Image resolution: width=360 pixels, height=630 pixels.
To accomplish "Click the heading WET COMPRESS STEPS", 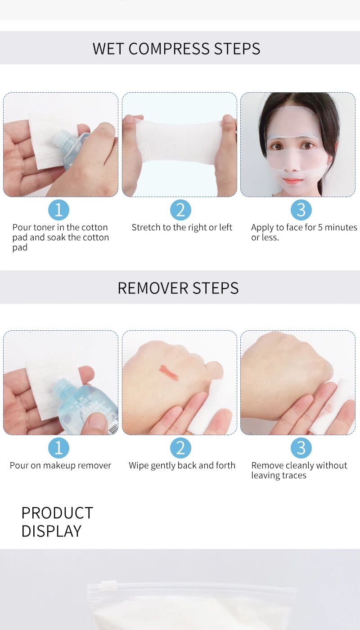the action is click(x=176, y=49).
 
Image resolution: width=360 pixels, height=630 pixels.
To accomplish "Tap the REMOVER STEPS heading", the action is click(x=178, y=288).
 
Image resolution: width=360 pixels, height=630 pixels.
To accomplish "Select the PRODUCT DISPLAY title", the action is click(x=57, y=522).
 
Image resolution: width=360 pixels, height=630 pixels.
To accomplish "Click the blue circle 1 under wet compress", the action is click(x=58, y=210).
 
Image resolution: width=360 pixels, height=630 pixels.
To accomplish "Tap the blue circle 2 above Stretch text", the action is click(x=180, y=210).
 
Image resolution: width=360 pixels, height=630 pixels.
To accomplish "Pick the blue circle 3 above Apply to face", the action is click(x=301, y=210).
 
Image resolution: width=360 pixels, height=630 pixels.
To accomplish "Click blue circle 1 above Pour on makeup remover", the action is click(x=58, y=448).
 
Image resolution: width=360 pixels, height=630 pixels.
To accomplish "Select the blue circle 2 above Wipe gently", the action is click(x=180, y=448).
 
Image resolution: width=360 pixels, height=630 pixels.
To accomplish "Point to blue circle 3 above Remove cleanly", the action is click(x=301, y=448).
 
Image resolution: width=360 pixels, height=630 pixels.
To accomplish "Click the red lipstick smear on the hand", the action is click(x=169, y=373).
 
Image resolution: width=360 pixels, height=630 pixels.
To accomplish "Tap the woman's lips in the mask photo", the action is click(x=292, y=180).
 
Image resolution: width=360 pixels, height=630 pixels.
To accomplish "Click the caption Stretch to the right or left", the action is click(x=182, y=227).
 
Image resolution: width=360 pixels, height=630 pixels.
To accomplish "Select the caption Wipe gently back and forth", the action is click(x=182, y=465).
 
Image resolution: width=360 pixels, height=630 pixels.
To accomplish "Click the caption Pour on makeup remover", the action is click(x=60, y=465).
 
